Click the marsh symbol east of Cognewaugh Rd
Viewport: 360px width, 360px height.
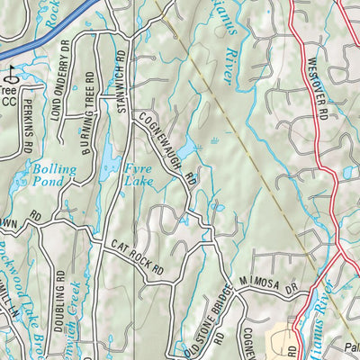216,140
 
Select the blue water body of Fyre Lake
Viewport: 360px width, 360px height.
110,162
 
